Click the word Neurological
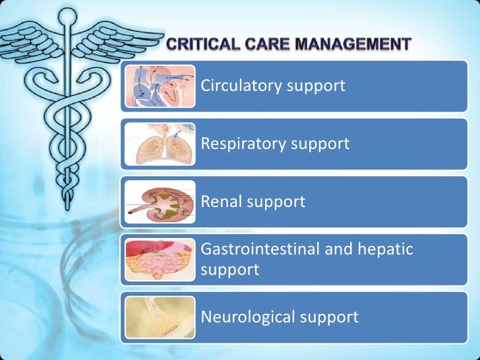click(x=247, y=317)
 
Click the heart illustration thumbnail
click(x=160, y=86)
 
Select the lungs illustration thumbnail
click(x=160, y=144)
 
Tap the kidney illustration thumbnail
click(x=160, y=201)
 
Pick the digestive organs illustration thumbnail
click(x=160, y=259)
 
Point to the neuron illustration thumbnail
click(x=160, y=317)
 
